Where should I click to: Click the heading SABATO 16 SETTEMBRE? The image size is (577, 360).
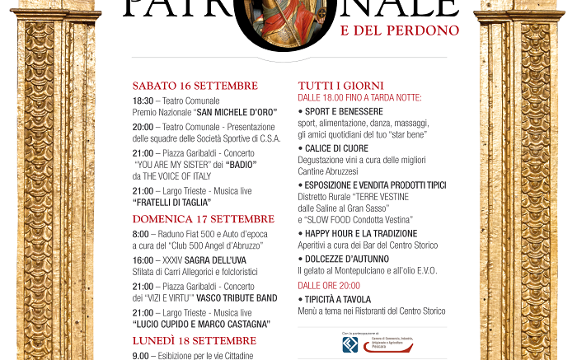pos(195,86)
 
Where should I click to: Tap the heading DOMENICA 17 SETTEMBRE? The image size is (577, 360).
pos(203,219)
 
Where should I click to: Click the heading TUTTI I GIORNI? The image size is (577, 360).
pos(340,86)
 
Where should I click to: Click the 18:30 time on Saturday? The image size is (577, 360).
pos(143,101)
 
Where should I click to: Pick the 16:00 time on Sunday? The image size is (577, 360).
pos(143,259)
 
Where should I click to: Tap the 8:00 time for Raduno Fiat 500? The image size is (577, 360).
pos(141,234)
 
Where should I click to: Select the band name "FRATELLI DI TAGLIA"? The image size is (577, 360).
pos(171,202)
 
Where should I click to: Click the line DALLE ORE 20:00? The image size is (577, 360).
pos(328,285)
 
